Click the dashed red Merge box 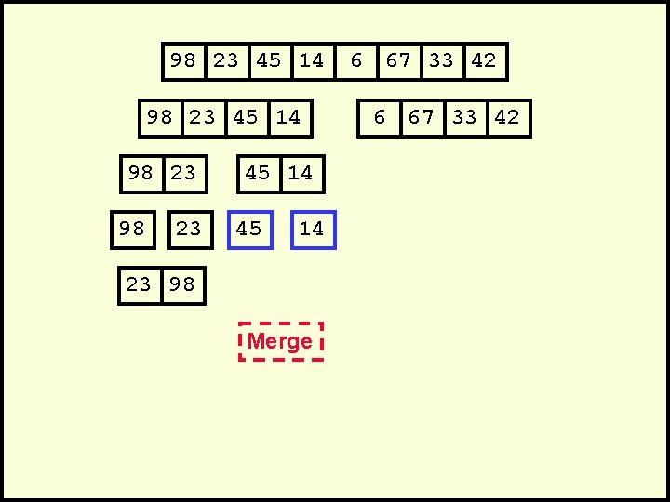(x=281, y=341)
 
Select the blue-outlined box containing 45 (x=249, y=230)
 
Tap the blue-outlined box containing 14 (x=313, y=230)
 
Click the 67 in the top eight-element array (x=398, y=61)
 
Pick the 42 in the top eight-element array (x=484, y=61)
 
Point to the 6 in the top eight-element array (x=355, y=61)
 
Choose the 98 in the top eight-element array (x=183, y=61)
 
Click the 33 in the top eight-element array (x=441, y=61)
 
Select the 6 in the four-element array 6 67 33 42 (x=379, y=118)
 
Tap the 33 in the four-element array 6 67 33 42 (x=464, y=118)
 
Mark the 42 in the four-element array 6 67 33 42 (x=507, y=118)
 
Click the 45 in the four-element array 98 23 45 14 (x=246, y=118)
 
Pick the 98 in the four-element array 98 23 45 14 (x=160, y=118)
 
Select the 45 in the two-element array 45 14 (x=258, y=174)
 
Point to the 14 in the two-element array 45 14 (x=301, y=174)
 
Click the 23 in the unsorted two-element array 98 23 (x=183, y=174)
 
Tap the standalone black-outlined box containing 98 (x=133, y=230)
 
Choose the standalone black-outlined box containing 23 (x=189, y=230)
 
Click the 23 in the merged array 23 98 (x=139, y=285)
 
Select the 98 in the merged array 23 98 (x=182, y=285)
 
